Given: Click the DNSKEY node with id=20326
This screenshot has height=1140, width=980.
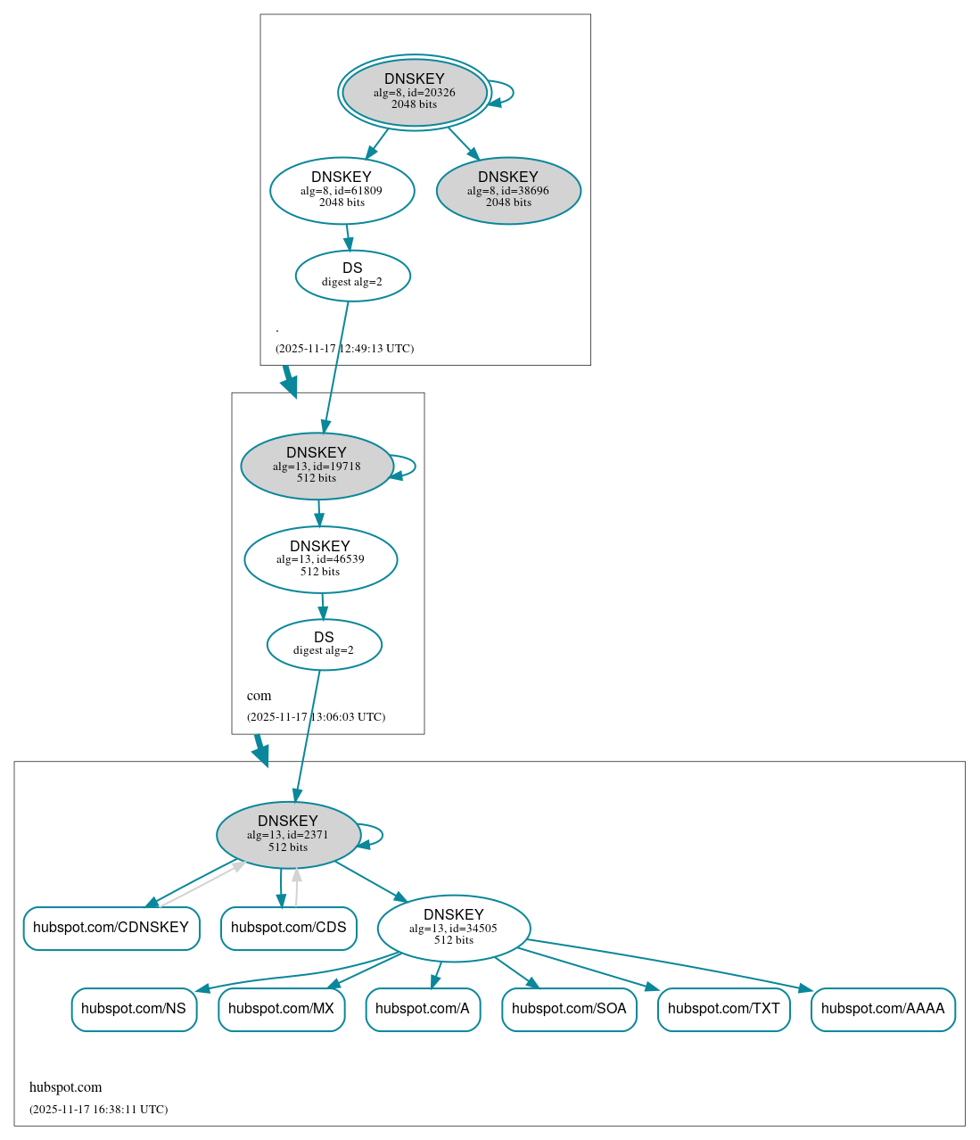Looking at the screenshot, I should [415, 92].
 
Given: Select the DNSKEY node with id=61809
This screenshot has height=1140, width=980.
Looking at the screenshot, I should [342, 190].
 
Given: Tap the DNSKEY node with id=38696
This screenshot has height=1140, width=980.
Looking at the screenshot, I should [508, 190].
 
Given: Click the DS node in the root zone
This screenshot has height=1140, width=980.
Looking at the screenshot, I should [352, 276].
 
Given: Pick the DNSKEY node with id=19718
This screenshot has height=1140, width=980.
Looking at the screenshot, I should [317, 466].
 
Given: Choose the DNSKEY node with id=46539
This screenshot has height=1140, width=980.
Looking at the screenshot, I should [320, 559].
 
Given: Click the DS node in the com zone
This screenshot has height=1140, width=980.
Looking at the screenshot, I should [324, 644].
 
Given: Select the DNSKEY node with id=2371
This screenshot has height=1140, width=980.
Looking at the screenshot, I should [288, 835].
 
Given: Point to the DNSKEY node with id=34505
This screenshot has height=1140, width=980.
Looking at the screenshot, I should [454, 929].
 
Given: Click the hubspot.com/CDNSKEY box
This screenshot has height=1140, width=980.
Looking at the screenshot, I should [111, 929].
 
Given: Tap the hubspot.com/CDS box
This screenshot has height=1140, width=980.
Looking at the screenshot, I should [289, 929].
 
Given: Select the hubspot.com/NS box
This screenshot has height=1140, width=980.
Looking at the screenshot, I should [134, 1010].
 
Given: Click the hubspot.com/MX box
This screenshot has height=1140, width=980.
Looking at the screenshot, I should [282, 1010].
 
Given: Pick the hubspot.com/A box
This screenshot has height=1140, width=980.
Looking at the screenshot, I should [423, 1010].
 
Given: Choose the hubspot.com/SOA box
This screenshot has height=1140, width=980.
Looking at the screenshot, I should [569, 1010].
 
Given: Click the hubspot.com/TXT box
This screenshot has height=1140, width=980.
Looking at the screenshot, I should [723, 1010].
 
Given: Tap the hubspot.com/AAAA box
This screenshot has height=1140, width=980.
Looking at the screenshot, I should [883, 1010].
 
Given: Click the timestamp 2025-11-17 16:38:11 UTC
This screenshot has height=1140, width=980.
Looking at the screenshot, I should [98, 1110].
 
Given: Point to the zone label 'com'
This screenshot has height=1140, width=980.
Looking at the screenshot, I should [259, 696].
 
